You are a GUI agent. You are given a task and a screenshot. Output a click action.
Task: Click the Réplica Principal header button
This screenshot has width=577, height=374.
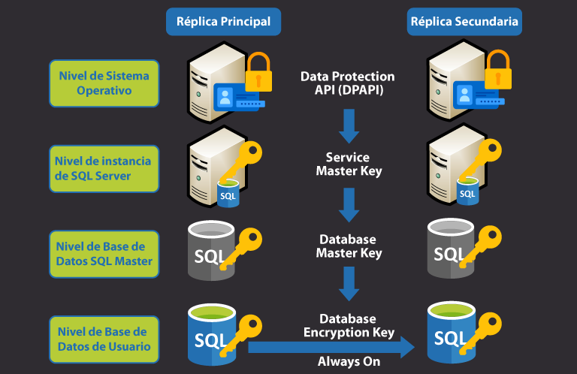[x=223, y=22]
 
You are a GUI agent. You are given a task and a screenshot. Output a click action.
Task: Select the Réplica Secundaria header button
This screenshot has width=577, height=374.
[x=464, y=22]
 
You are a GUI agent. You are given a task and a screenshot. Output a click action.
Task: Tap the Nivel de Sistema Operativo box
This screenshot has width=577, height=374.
[x=104, y=83]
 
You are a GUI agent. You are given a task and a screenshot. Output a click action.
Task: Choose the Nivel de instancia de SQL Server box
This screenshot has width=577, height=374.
[x=104, y=168]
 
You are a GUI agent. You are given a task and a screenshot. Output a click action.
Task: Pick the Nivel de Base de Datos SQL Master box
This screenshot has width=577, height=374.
[x=104, y=254]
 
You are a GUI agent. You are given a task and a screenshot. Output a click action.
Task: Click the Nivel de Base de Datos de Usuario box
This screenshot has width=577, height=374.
[x=104, y=339]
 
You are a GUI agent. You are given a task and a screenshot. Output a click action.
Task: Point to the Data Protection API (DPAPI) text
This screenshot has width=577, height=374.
[x=347, y=83]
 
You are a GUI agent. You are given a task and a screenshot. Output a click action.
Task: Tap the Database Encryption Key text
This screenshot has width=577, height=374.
[x=348, y=326]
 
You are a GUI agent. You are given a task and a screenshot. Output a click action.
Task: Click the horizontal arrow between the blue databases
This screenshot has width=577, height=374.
[x=331, y=347]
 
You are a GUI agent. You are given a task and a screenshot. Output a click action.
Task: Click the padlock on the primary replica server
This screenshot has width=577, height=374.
[x=258, y=73]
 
